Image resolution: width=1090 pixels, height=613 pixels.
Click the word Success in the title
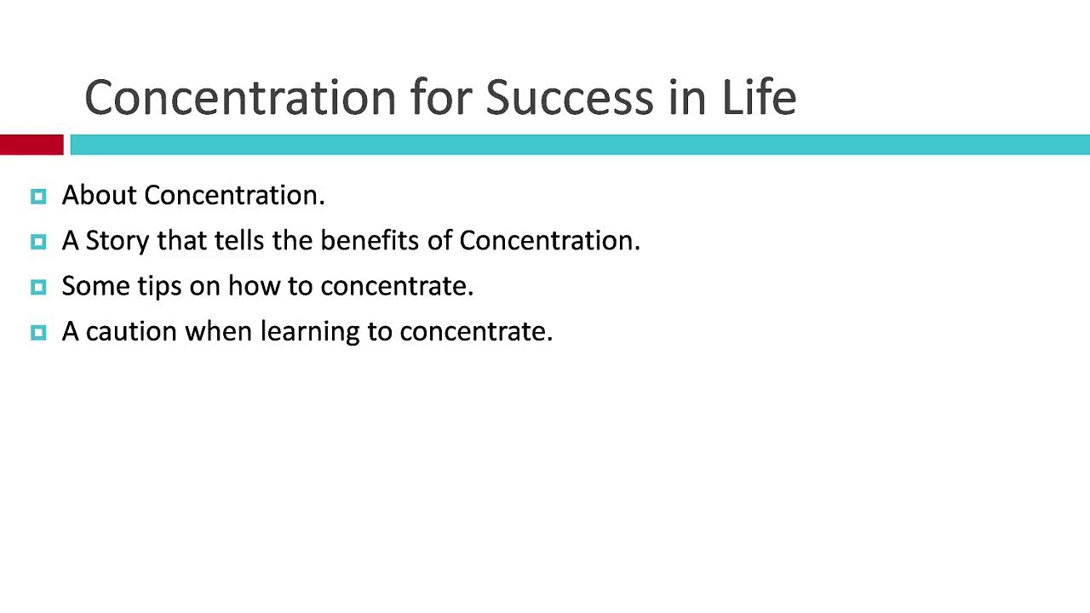570,97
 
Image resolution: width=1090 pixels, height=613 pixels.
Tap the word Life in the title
759,97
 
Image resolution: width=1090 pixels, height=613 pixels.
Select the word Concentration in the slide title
241,98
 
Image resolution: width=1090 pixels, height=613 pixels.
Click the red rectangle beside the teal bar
32,145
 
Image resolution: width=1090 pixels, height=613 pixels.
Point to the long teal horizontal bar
580,145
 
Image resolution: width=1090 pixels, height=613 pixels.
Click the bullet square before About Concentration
38,197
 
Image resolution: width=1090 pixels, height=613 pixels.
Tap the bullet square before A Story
38,242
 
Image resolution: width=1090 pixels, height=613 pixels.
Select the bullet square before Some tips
38,287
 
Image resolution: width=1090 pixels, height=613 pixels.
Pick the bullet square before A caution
38,333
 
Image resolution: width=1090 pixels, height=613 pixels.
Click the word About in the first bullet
100,195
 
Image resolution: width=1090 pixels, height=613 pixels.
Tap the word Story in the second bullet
118,241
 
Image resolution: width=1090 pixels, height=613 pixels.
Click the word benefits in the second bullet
370,240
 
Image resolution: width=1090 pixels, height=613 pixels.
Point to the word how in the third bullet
255,285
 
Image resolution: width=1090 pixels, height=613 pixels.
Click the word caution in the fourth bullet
131,332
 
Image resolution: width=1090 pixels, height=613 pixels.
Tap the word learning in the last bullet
310,332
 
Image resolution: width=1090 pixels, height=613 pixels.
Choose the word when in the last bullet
219,331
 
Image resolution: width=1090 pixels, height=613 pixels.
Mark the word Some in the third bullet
96,285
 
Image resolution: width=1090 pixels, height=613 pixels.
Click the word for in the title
441,97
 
